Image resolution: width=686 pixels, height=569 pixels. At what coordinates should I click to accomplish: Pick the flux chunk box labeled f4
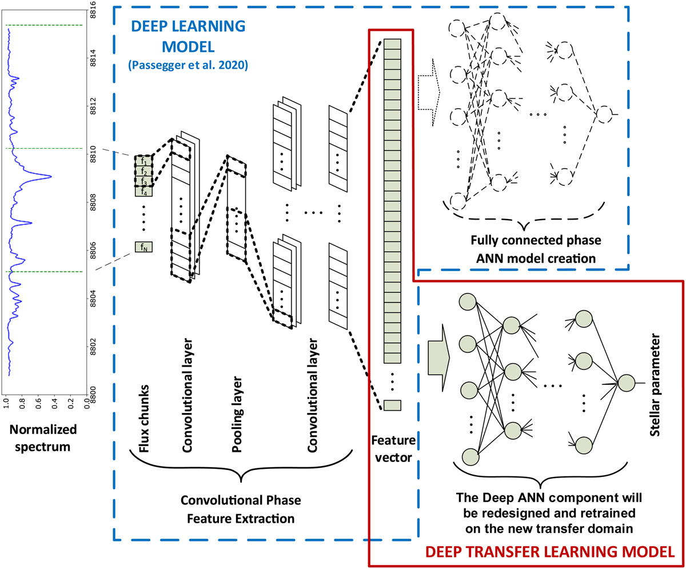143,192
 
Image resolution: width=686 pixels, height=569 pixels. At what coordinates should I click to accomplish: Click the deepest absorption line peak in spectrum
51,177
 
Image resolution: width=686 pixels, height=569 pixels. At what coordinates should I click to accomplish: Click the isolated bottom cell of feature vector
392,405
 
